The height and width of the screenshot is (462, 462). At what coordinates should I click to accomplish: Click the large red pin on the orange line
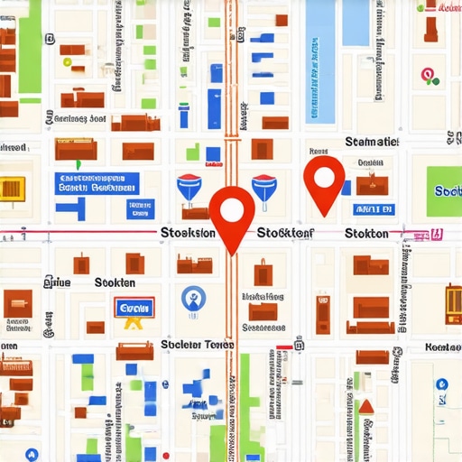pos(232,213)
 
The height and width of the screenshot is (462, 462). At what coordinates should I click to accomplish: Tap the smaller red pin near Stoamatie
pos(324,177)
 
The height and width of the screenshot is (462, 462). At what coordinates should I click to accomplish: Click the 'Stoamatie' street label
pos(371,142)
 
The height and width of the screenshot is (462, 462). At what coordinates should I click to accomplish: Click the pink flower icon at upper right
pos(430,76)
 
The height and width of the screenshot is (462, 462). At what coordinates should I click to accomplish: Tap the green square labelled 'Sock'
pos(446,190)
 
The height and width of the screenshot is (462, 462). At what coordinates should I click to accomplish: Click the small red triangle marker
pos(365,407)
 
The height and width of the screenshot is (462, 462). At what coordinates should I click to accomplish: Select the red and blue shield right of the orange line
pos(264,186)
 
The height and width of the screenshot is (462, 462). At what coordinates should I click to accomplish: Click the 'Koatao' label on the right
pos(442,346)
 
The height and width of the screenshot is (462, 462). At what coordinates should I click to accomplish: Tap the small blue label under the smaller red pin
pos(374,209)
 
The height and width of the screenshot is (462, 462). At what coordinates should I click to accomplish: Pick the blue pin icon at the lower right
pos(441,384)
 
